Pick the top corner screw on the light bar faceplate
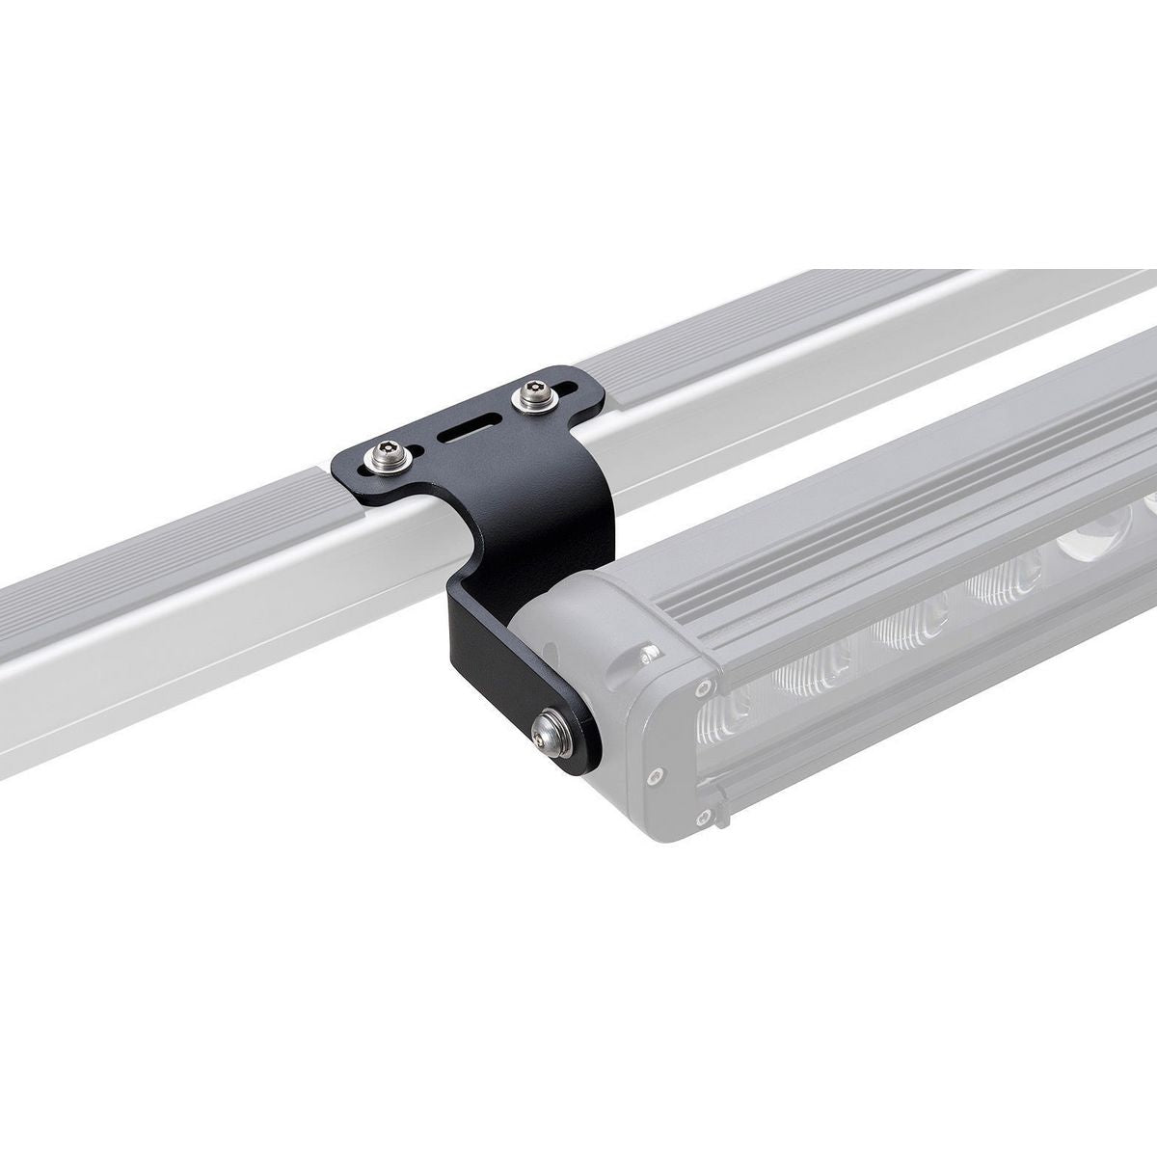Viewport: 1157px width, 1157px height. tap(711, 686)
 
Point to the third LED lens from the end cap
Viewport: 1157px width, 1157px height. tap(1003, 588)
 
